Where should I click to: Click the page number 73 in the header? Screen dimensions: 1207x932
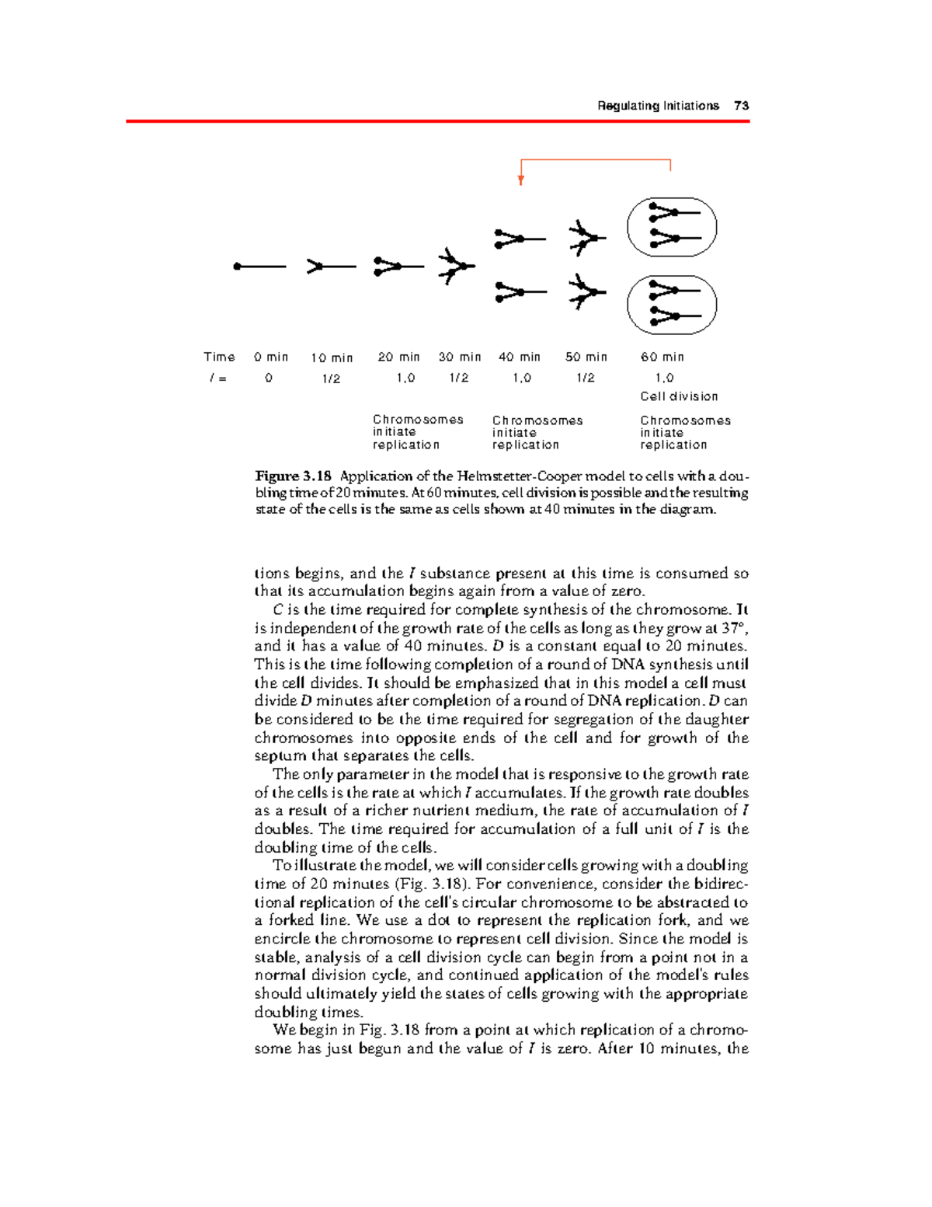pos(741,106)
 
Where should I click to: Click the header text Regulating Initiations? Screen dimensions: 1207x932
pos(658,106)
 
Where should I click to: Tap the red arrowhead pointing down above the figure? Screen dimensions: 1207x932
pos(521,180)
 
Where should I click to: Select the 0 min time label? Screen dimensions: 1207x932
pos(270,358)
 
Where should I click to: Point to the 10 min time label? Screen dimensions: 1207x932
pos(332,358)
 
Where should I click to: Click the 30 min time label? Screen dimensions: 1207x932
pos(460,358)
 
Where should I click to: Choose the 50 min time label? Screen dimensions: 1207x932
pos(586,358)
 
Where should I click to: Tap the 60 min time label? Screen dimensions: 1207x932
pos(662,358)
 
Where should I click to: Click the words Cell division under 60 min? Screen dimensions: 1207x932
pos(679,396)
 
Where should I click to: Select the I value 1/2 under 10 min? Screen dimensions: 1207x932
pos(332,378)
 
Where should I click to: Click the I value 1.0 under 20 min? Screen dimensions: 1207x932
pos(405,378)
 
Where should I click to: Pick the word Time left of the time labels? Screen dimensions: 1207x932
pos(219,358)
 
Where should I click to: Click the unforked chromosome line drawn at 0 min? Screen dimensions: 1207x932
pos(260,267)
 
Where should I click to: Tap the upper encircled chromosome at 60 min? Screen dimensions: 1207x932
pos(672,227)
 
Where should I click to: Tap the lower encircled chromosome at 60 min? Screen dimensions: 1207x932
pos(672,304)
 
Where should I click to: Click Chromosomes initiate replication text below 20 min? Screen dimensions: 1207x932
pos(417,432)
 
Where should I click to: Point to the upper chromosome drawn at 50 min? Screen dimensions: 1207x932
pos(586,238)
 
